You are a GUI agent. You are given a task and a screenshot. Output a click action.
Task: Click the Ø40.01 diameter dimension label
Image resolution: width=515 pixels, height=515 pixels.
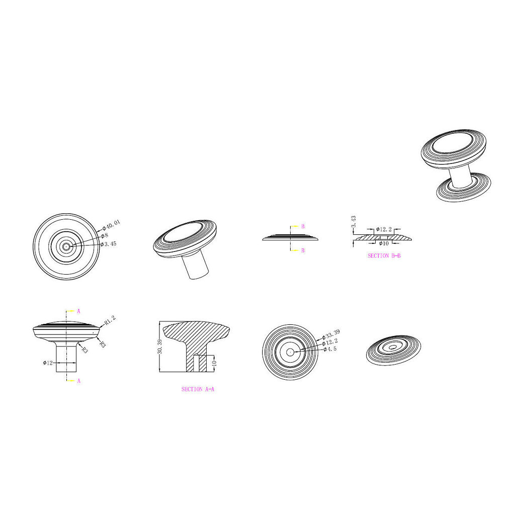(111, 225)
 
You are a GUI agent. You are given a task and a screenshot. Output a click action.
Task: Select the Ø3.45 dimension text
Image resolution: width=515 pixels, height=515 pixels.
(109, 244)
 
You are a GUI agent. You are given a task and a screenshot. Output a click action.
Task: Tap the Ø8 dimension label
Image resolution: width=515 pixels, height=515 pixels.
(105, 235)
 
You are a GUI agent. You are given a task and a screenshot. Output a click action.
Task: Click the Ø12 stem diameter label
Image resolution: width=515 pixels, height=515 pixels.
(48, 363)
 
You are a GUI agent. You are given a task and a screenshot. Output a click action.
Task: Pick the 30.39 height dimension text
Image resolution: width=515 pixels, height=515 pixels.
(160, 346)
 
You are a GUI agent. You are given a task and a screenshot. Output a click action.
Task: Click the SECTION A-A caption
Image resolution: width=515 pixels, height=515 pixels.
(198, 389)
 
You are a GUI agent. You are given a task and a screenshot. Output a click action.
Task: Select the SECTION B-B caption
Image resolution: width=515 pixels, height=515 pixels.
(384, 255)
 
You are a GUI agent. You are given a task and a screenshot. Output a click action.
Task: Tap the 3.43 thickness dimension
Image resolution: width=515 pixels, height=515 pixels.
(354, 222)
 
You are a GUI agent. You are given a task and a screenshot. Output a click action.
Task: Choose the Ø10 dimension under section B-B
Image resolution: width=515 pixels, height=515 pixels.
(384, 243)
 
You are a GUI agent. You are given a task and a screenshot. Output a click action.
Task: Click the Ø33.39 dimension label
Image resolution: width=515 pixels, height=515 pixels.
(331, 334)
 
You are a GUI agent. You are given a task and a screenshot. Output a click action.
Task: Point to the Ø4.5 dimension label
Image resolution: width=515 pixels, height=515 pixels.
(330, 349)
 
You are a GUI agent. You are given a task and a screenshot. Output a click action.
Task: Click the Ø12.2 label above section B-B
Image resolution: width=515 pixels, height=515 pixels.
(384, 229)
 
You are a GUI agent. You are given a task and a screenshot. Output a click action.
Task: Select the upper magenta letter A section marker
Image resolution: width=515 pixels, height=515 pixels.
(78, 311)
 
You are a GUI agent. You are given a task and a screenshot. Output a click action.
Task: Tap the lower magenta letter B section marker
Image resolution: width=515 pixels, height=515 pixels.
(303, 250)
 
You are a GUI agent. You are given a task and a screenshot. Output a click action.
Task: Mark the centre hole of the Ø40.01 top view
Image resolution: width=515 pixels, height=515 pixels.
(66, 246)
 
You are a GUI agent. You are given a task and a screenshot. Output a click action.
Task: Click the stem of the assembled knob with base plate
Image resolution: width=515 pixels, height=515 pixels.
(461, 178)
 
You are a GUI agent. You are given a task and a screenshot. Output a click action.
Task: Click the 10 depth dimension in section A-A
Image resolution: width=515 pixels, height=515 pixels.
(214, 364)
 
